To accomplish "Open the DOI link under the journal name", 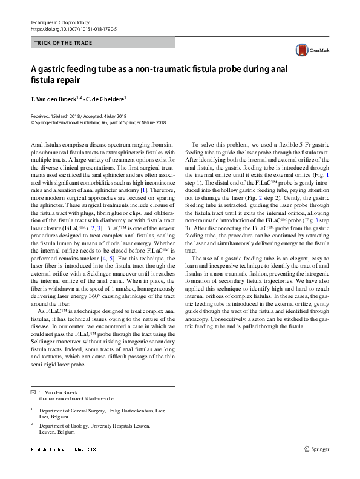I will pos(73,29).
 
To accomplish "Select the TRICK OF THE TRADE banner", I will pos(102,43).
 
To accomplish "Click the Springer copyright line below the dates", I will pos(97,122).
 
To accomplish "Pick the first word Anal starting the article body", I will pos(36,145).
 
